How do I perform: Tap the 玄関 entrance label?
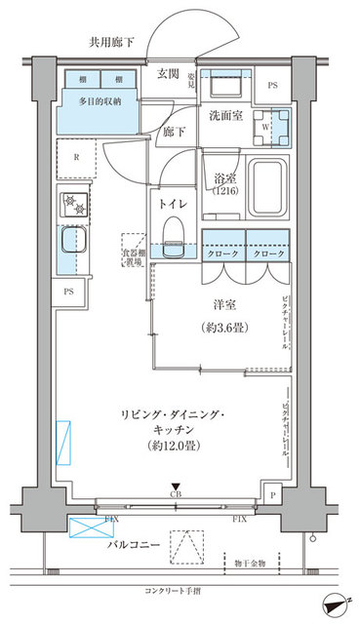pyautogui.click(x=168, y=74)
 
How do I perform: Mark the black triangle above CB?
pyautogui.click(x=175, y=487)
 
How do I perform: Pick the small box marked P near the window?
pyautogui.click(x=272, y=495)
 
